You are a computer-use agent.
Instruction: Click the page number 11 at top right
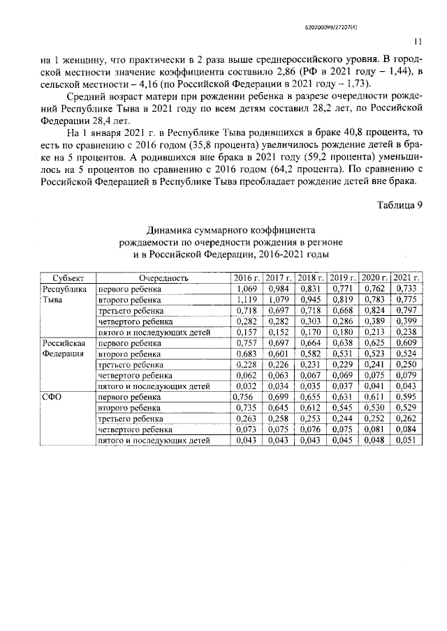click(418, 41)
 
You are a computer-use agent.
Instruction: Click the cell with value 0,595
click(406, 397)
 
